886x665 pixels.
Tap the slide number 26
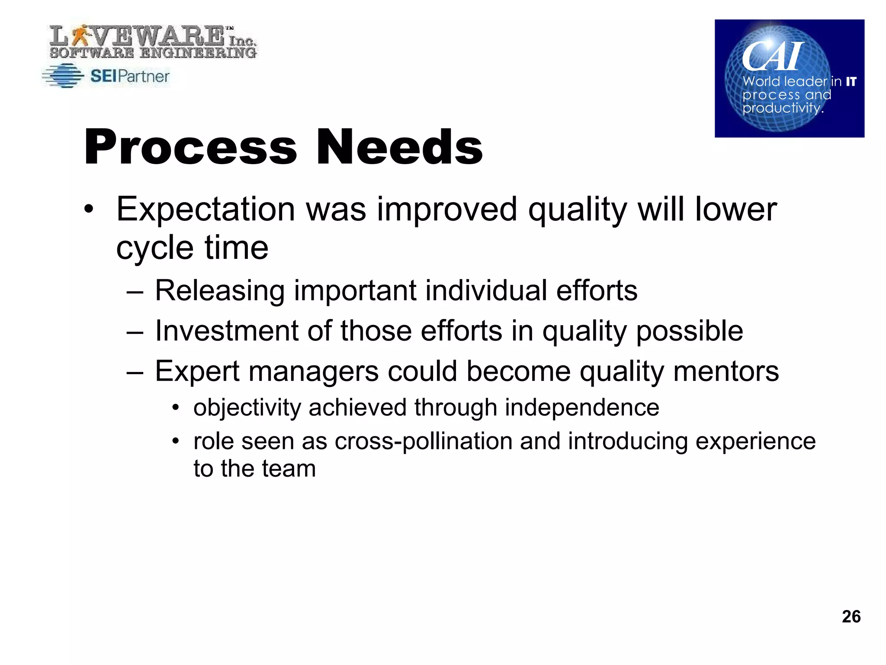click(x=851, y=616)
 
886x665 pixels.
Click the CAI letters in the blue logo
click(x=772, y=56)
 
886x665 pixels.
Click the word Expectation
click(x=205, y=210)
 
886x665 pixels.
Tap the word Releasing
click(x=219, y=291)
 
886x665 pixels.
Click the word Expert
click(x=197, y=371)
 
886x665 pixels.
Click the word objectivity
click(x=247, y=408)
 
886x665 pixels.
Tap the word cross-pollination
click(x=423, y=442)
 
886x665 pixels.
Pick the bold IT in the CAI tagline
click(x=851, y=81)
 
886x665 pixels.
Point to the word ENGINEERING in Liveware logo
click(x=199, y=53)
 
